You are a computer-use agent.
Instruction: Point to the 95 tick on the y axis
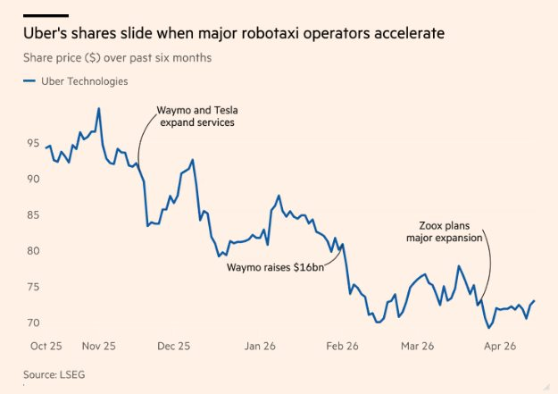click(x=32, y=143)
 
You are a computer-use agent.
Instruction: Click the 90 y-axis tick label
click(x=32, y=179)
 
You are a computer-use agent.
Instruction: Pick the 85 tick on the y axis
click(x=32, y=214)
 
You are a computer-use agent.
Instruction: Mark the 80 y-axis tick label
click(x=32, y=250)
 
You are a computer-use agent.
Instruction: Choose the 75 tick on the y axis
click(x=32, y=286)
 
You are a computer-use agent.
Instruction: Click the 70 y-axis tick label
click(x=32, y=322)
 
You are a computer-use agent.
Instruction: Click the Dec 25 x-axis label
click(x=174, y=345)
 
